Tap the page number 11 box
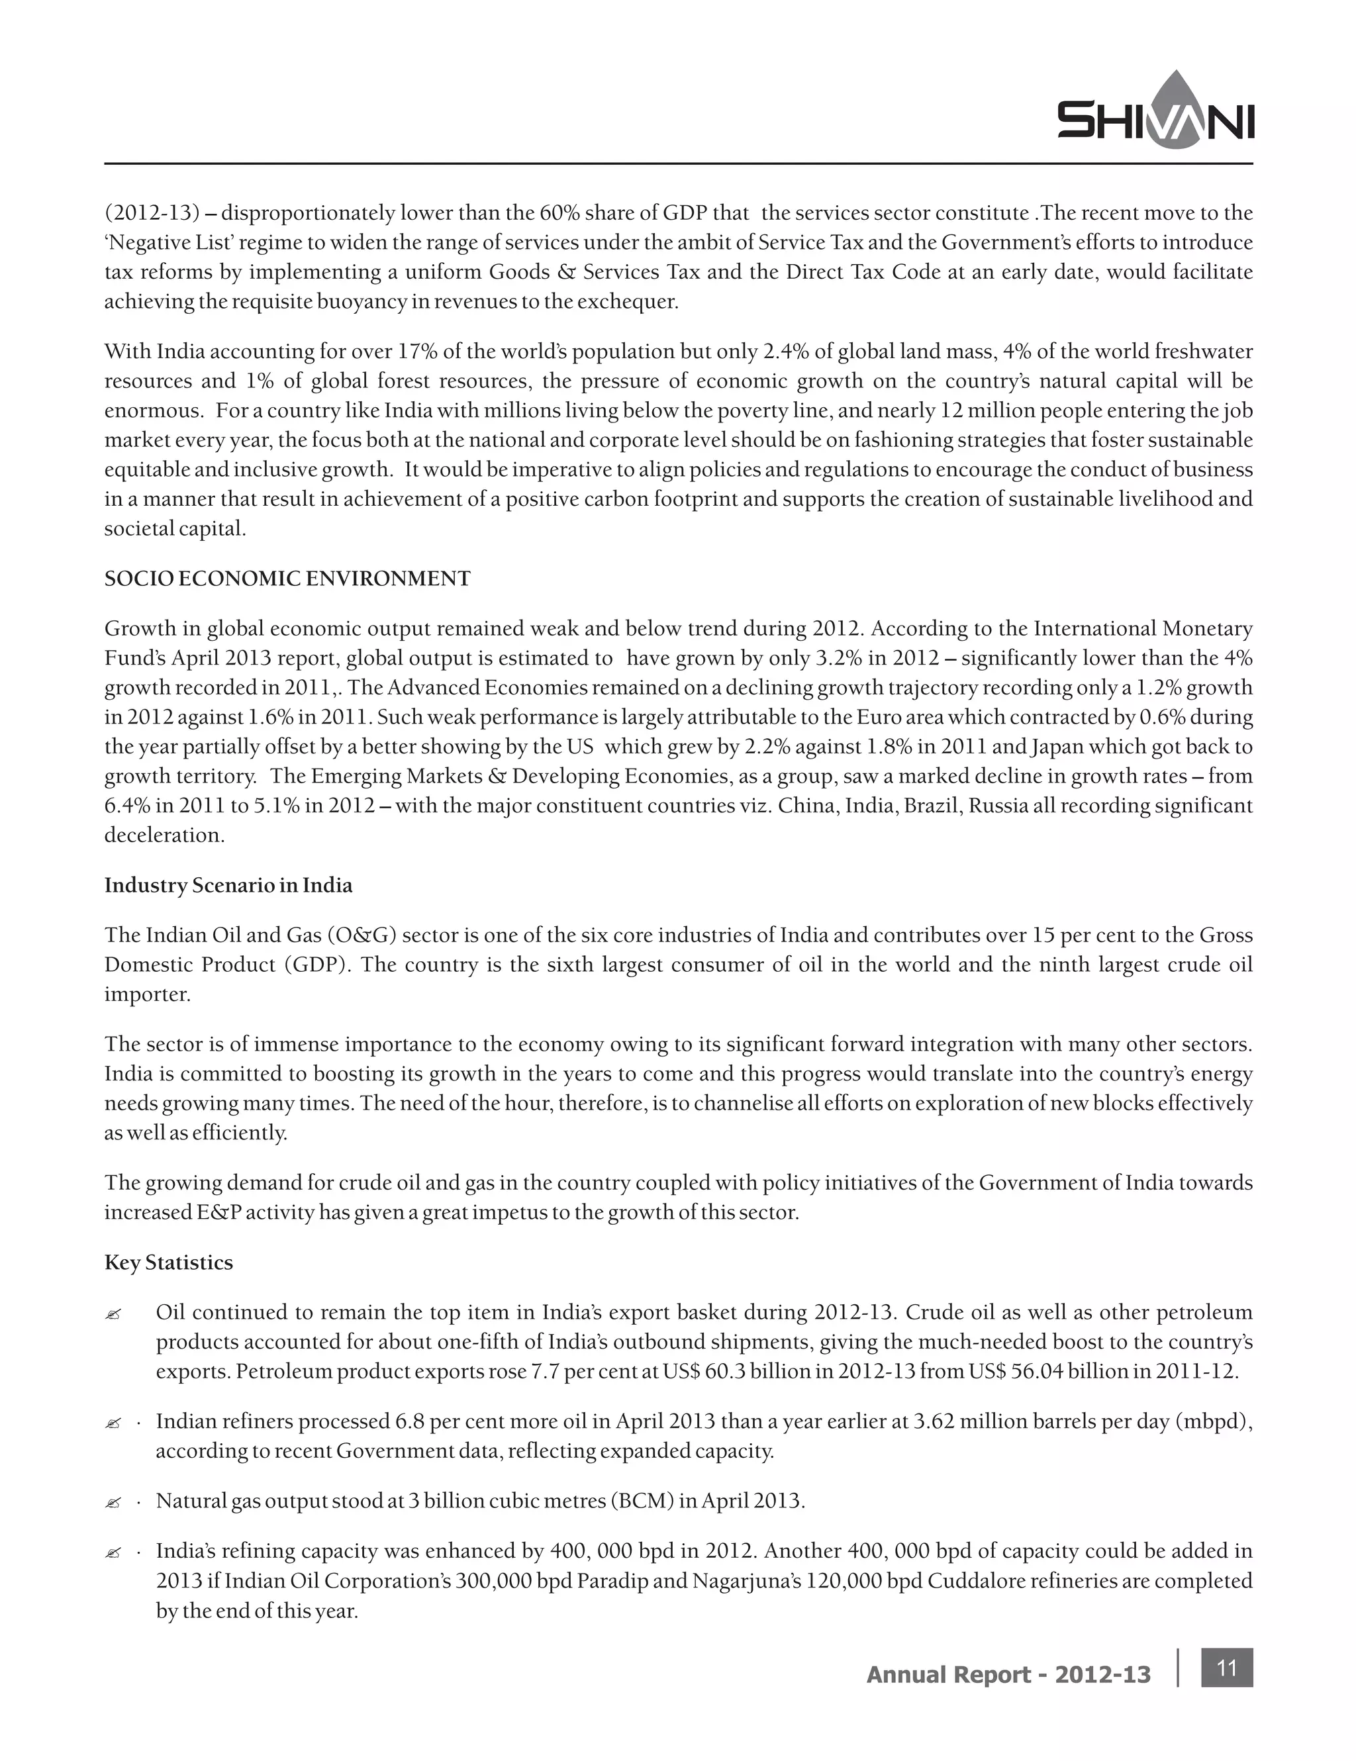tap(1226, 1667)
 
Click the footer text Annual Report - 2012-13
tap(1008, 1675)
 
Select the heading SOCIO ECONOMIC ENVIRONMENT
tap(287, 578)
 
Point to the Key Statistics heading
tap(168, 1262)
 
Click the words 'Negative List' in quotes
tap(158, 243)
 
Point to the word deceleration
tap(164, 835)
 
